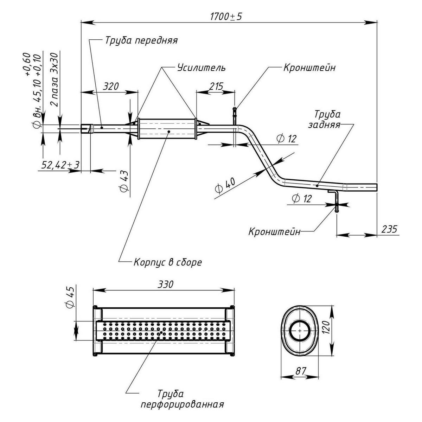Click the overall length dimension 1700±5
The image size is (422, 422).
(226, 16)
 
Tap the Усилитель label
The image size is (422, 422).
(201, 68)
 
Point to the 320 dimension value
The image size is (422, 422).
(111, 86)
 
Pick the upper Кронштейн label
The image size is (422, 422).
(309, 68)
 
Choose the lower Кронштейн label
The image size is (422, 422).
(275, 232)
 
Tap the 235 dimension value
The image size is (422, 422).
(389, 229)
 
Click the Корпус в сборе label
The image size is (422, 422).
(168, 262)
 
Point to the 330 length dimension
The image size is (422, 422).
(165, 284)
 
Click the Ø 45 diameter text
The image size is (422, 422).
(70, 298)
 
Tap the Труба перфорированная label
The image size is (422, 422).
(182, 399)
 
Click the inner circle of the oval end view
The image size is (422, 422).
(299, 331)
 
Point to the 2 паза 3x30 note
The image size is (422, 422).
(55, 80)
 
